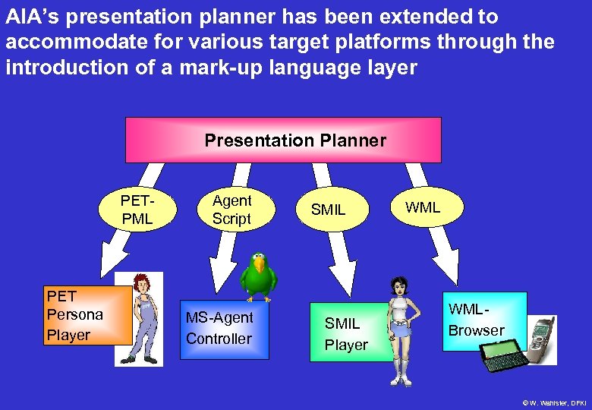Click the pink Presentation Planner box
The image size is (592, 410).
[283, 140]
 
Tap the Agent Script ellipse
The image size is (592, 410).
[231, 210]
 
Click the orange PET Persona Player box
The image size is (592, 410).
[87, 315]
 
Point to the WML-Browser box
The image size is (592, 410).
[483, 320]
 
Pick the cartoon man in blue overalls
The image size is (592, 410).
[140, 318]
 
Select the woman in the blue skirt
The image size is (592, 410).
[398, 326]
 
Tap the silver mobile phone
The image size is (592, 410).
[542, 339]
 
